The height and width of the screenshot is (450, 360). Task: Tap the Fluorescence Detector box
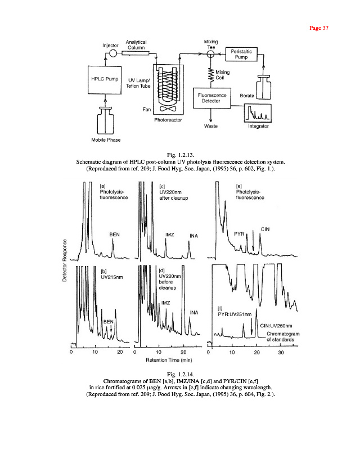211,98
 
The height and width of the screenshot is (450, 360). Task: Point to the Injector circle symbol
112,53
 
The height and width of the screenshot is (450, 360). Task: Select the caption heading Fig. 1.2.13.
179,155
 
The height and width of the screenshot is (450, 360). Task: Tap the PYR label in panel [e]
239,232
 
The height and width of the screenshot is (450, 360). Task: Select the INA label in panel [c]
194,235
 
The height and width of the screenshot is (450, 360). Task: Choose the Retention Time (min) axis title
169,359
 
